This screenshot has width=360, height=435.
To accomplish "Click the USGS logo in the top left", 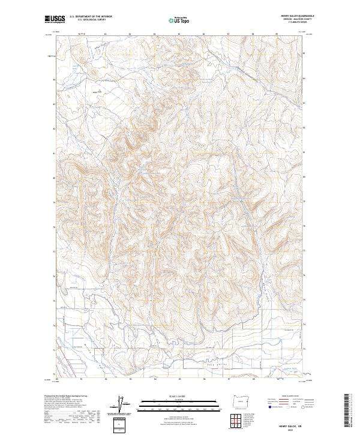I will pos(55,19).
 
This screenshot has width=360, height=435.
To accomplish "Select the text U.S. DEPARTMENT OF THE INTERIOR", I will pos(91,17).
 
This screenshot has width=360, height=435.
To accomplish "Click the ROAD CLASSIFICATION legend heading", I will pos(290,397).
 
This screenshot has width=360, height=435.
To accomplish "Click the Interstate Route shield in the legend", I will pos(269,407).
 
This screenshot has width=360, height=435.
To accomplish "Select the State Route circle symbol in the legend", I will pos(302,407).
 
